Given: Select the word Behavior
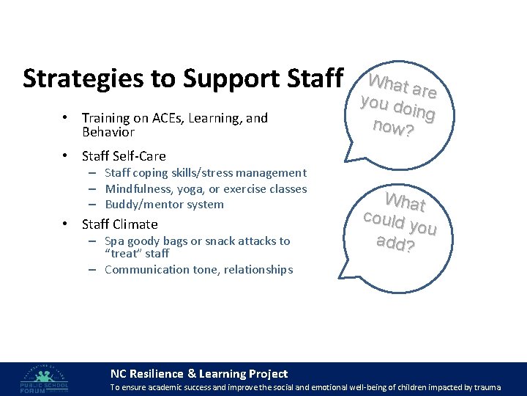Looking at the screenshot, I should [x=108, y=132].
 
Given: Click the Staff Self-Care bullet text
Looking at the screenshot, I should [x=124, y=156].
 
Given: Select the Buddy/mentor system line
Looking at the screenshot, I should [x=164, y=204].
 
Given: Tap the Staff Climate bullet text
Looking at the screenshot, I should [x=119, y=224].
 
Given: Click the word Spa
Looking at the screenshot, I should [x=114, y=241].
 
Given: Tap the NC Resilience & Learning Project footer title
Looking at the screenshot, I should [x=198, y=374].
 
